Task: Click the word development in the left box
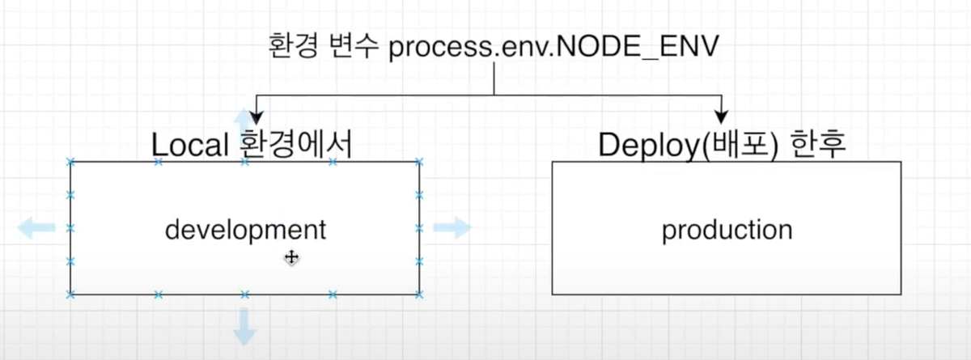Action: pyautogui.click(x=245, y=230)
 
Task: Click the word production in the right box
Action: pyautogui.click(x=727, y=230)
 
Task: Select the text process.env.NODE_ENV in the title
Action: pyautogui.click(x=553, y=47)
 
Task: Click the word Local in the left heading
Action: pyautogui.click(x=190, y=145)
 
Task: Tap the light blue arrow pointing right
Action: pyautogui.click(x=452, y=228)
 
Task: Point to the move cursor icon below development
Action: pyautogui.click(x=291, y=257)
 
